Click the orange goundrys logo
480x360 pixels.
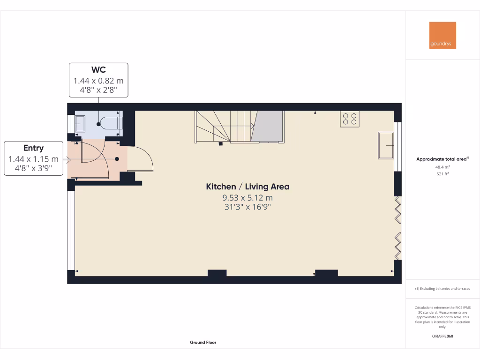(442, 35)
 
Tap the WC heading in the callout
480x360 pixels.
(98, 70)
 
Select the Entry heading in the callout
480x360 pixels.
(34, 148)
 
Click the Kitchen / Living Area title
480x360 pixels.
(247, 187)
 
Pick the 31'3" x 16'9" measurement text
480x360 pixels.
(247, 207)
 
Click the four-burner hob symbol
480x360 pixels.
(350, 119)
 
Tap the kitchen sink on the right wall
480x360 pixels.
(386, 146)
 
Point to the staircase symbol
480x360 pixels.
(224, 126)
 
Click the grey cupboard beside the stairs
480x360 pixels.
(268, 126)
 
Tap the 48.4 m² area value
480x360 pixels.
(442, 167)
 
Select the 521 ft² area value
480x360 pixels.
(442, 174)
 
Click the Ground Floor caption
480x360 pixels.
(203, 343)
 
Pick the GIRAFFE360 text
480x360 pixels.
(442, 336)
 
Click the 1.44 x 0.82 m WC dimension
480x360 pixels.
(98, 81)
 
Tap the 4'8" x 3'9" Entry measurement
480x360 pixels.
(34, 168)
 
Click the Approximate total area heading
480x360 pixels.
(442, 159)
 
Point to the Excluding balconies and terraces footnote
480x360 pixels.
(442, 289)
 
